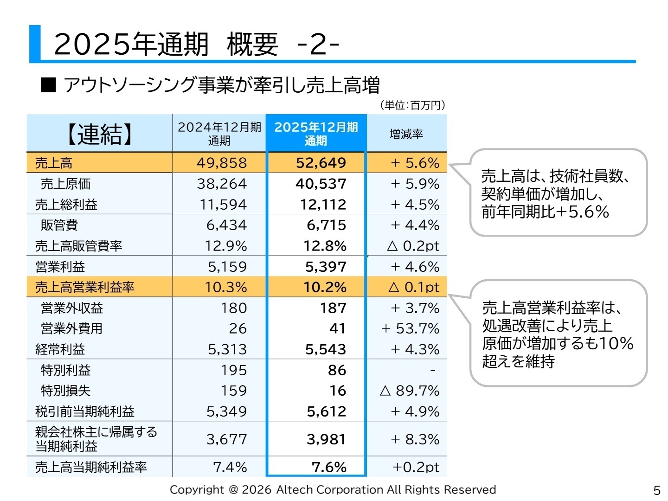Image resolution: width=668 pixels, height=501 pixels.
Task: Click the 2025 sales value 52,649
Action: [x=321, y=163]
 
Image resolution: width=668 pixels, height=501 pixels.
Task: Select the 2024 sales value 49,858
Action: [x=222, y=163]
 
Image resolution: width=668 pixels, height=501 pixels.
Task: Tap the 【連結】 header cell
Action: [x=100, y=134]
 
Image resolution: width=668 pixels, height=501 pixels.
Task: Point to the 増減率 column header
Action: [x=406, y=134]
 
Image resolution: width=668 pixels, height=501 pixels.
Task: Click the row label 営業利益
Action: [x=60, y=267]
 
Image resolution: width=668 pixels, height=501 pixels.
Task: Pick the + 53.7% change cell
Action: [x=410, y=328]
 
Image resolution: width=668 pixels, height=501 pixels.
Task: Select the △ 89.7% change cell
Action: [x=409, y=391]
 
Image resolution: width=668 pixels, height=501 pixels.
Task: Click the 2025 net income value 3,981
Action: [x=326, y=439]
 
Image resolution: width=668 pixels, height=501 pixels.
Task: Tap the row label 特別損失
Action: [x=65, y=391]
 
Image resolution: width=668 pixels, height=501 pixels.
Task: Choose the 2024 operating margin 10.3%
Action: [x=226, y=287]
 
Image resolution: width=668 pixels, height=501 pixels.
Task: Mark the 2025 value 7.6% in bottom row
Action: [x=329, y=467]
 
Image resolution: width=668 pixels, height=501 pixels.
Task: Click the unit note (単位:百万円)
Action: [x=412, y=105]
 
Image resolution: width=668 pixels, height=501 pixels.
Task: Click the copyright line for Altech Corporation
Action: [x=333, y=490]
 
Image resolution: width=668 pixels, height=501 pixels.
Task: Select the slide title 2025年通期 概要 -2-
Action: [x=197, y=45]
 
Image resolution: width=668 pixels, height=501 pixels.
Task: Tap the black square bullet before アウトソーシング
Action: [x=48, y=85]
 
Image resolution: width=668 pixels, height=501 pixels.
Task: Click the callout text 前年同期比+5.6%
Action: [x=545, y=212]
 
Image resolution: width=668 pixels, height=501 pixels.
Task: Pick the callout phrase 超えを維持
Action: [x=518, y=361]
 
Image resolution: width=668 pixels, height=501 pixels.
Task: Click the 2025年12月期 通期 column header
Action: [x=316, y=134]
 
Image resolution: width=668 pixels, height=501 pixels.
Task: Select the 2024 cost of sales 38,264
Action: [x=222, y=184]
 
